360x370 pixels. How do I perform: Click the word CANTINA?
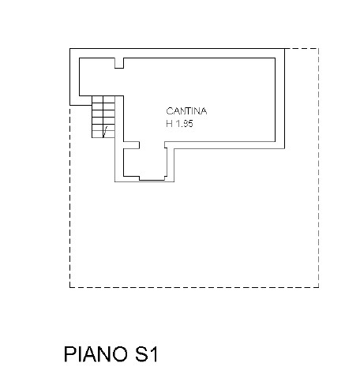(186, 111)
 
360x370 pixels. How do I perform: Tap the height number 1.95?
(184, 124)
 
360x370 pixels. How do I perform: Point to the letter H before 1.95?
(169, 124)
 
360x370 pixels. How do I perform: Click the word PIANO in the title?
(96, 354)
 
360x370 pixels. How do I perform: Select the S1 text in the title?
(146, 354)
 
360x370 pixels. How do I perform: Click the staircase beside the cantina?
(103, 117)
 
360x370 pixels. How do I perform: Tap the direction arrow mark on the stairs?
(105, 132)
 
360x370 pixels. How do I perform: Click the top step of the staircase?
(103, 99)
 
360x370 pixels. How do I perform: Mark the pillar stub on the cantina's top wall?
(119, 63)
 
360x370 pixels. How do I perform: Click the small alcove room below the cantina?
(144, 163)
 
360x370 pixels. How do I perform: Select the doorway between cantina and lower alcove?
(152, 145)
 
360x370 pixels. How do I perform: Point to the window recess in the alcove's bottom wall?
(152, 178)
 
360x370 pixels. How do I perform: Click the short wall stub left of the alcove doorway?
(131, 145)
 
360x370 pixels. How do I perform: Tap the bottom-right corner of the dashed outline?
(319, 287)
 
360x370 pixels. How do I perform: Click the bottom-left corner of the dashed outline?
(69, 287)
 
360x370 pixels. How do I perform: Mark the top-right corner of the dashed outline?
(319, 48)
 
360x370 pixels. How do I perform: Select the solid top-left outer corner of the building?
(69, 48)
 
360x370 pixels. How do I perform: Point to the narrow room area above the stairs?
(97, 77)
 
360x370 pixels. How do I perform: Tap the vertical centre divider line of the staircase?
(103, 117)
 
